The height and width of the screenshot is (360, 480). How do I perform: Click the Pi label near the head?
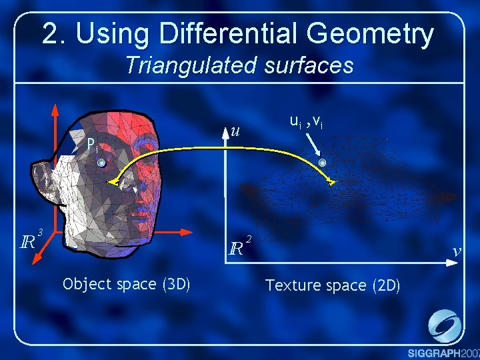(x=93, y=145)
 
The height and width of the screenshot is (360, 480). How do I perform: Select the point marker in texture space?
(x=323, y=163)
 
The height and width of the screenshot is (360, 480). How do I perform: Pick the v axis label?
(x=456, y=251)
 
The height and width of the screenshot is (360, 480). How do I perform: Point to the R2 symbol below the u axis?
(x=238, y=247)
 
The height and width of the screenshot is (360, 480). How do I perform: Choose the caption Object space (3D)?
(x=127, y=285)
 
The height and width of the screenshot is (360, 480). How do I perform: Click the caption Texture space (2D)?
(x=333, y=285)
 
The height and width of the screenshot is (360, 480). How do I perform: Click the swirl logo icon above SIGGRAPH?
(x=443, y=325)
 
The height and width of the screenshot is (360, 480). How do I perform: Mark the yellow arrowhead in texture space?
(x=331, y=181)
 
